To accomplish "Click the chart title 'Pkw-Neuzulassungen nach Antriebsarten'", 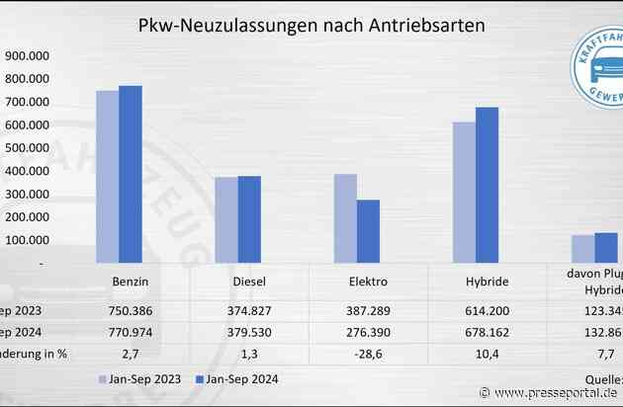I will pyautogui.click(x=312, y=25).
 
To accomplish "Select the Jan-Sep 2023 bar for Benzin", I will pyautogui.click(x=107, y=176).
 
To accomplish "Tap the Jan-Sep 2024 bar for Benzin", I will pyautogui.click(x=131, y=174).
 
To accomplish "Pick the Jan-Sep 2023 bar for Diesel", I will pyautogui.click(x=225, y=219).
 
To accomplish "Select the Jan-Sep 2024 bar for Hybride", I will pyautogui.click(x=487, y=185).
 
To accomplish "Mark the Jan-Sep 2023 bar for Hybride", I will pyautogui.click(x=464, y=192).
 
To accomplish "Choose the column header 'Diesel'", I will pyautogui.click(x=249, y=282).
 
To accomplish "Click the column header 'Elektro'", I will pyautogui.click(x=368, y=282).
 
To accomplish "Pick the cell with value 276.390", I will pyautogui.click(x=368, y=331).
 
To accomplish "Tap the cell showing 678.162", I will pyautogui.click(x=487, y=331).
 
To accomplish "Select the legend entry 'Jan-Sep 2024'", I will pyautogui.click(x=236, y=379).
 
